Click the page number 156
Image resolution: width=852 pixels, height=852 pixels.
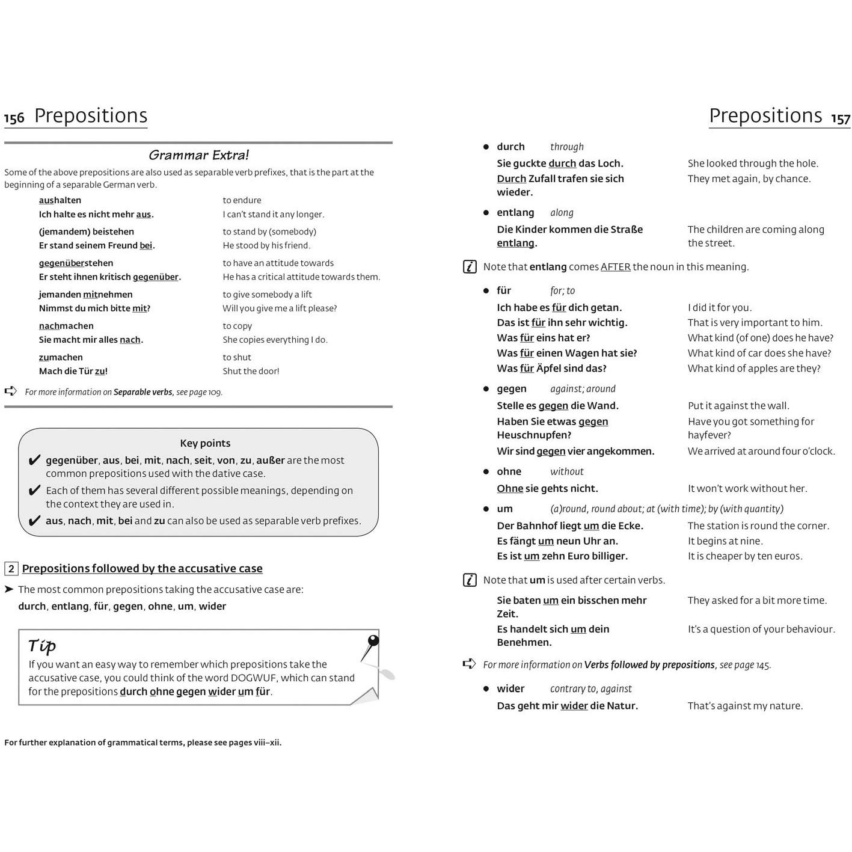tap(14, 118)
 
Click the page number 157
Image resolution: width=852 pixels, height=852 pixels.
tap(841, 118)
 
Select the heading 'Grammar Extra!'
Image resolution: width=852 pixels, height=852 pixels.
tap(198, 155)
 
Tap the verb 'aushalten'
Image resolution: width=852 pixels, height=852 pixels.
tap(60, 200)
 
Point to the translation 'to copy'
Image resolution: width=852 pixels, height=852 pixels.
tap(237, 326)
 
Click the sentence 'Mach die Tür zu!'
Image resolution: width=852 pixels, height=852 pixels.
tap(73, 371)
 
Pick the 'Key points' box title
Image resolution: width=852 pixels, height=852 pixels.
tap(205, 443)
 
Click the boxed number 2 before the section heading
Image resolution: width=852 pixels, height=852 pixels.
tap(11, 569)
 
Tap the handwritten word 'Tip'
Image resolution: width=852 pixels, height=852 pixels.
tap(42, 646)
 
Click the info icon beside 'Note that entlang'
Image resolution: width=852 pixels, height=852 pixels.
tap(470, 267)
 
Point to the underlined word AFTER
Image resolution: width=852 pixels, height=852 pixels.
tap(615, 267)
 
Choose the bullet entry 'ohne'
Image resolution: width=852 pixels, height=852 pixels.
tap(509, 471)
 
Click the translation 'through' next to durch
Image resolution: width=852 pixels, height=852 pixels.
tap(566, 147)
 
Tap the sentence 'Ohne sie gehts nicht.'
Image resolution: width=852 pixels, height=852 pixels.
tap(547, 488)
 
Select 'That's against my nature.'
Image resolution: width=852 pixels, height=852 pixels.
tap(745, 706)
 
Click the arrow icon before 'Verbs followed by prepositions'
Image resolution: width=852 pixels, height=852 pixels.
tap(469, 664)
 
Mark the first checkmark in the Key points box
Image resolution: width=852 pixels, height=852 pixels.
tap(34, 461)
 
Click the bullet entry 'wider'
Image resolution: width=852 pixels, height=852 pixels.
tap(510, 688)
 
